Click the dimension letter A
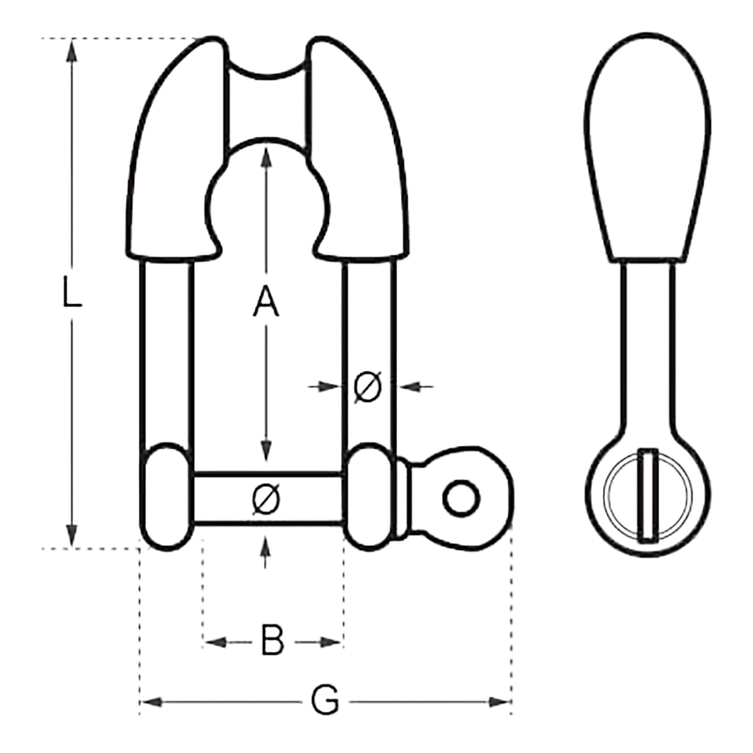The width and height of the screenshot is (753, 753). (x=266, y=301)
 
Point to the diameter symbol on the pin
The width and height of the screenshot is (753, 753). (x=266, y=499)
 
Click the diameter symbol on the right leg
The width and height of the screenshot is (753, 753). (x=367, y=387)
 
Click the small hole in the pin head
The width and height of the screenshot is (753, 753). (x=461, y=498)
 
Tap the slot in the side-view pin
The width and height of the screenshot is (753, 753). (x=648, y=496)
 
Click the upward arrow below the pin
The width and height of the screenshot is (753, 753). (x=266, y=545)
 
